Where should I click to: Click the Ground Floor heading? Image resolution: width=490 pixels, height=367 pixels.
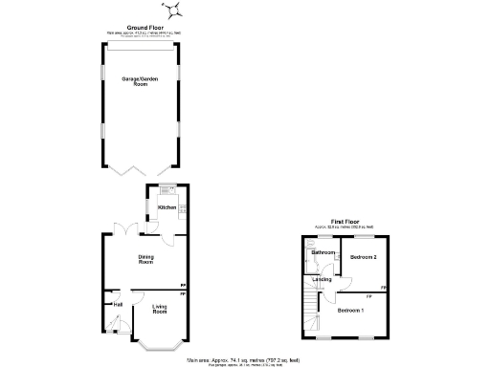pos(140,29)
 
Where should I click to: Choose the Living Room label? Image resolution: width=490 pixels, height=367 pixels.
pos(160,310)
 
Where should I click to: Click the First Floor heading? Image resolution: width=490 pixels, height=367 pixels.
pos(345,222)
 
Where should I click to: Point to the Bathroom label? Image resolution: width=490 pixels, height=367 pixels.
pos(322,252)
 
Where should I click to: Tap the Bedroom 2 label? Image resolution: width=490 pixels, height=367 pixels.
pos(363,258)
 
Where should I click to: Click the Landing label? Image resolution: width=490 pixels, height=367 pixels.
pos(323,279)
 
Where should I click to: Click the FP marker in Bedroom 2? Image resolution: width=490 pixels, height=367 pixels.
pos(383,288)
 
